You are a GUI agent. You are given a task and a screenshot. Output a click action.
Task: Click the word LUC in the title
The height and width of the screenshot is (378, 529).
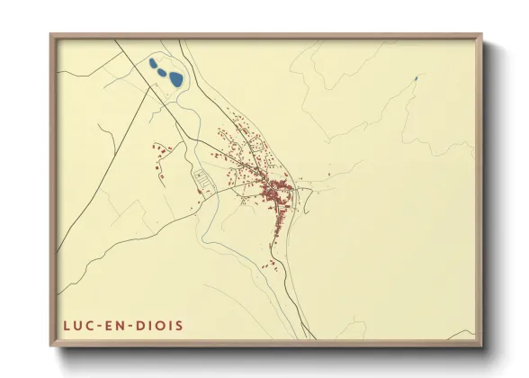77,324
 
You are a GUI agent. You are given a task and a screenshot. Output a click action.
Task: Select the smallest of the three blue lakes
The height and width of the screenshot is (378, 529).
152,61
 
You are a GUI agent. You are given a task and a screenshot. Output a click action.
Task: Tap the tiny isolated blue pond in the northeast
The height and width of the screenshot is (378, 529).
416,78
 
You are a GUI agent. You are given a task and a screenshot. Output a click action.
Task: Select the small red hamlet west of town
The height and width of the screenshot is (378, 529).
161,153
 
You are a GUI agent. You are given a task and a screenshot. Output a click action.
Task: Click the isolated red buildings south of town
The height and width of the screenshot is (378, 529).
269,264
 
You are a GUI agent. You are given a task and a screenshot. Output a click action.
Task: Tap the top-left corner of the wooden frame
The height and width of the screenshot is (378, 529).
51,36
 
